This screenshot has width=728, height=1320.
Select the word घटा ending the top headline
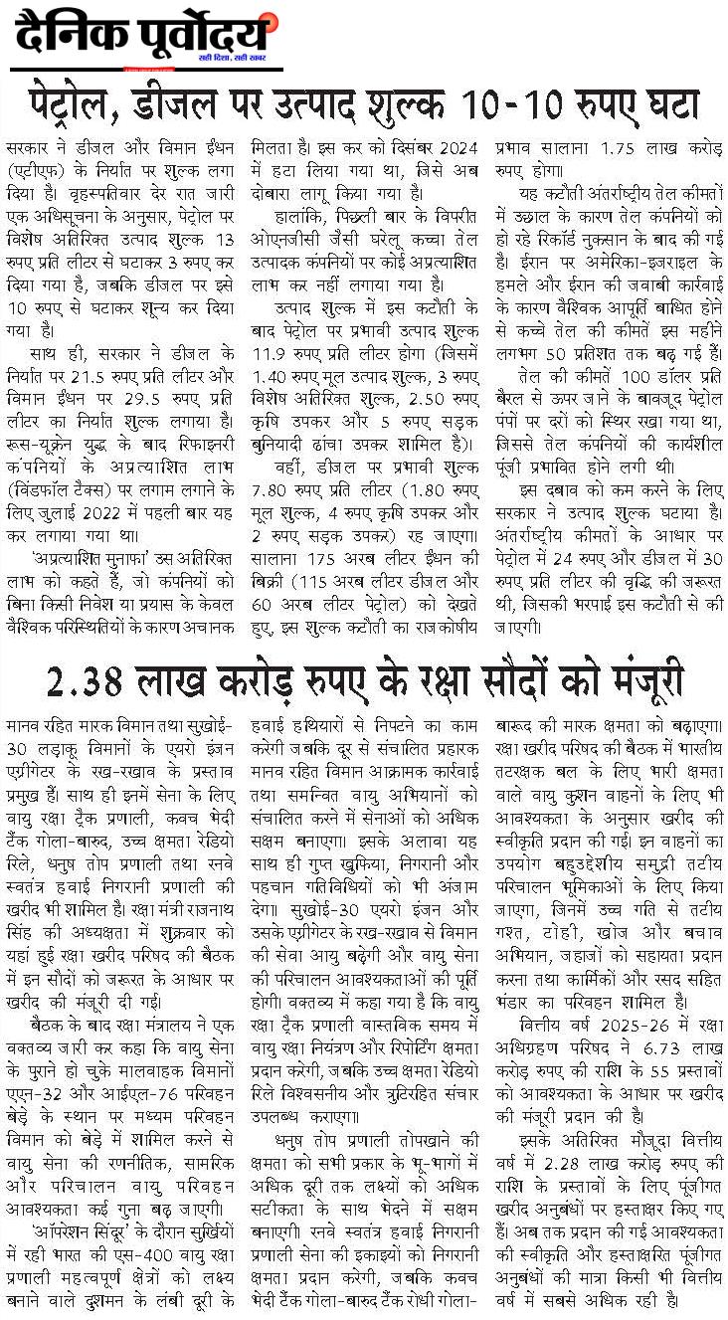tap(668, 104)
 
